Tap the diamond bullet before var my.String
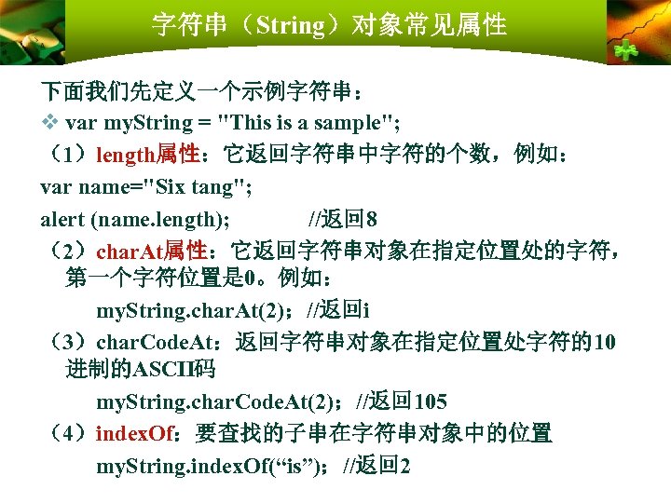coord(50,123)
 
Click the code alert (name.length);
coord(136,220)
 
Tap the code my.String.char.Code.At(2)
coord(219,402)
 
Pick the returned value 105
coord(431,402)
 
